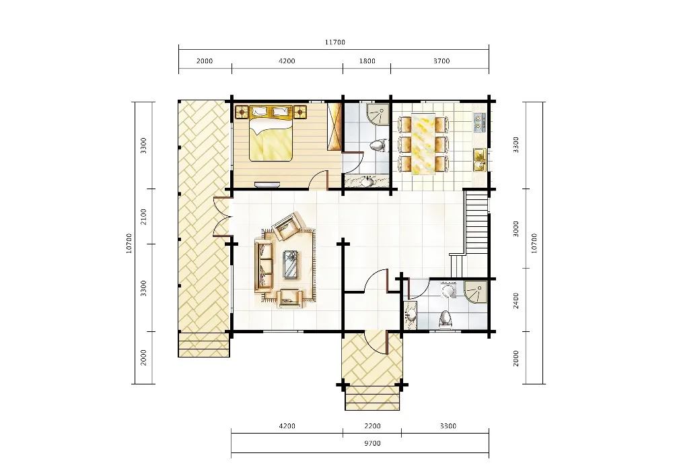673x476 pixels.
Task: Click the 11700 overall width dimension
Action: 334,42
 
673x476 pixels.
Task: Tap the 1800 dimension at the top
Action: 367,61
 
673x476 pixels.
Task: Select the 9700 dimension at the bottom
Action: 372,443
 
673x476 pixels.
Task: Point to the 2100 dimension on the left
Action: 144,216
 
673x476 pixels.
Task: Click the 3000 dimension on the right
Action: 516,229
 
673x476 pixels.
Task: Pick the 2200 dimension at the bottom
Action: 372,426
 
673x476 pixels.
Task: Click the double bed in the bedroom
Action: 272,133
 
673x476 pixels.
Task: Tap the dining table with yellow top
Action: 423,144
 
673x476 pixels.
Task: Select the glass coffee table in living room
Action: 291,265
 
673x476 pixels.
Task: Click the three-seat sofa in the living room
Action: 264,265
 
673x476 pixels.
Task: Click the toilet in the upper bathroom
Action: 378,145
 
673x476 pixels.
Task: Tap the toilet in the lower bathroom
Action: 446,319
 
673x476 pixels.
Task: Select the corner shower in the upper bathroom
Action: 378,113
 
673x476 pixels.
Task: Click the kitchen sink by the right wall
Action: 479,160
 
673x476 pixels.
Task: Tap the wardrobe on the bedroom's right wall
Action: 334,126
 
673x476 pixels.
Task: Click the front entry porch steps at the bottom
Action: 372,398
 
